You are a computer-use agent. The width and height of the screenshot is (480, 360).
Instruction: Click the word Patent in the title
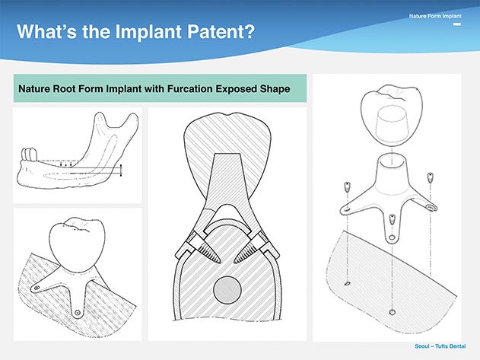coord(221,31)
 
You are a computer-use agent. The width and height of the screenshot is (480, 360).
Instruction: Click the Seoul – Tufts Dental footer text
coord(440,346)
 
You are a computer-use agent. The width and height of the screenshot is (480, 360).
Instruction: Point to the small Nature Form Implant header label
coord(435,16)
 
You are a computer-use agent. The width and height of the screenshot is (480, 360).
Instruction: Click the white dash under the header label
coord(457,24)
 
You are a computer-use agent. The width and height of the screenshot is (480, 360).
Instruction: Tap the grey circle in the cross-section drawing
coord(227,290)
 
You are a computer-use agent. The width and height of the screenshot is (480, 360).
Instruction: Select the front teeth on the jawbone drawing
coord(29,154)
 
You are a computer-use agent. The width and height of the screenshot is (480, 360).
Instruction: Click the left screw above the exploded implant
coord(347,186)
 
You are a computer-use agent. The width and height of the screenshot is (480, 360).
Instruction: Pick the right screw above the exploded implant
coord(430,177)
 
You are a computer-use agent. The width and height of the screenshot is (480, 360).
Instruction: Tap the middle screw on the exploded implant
coord(391,219)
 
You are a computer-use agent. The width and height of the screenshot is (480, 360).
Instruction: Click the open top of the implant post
coord(393,161)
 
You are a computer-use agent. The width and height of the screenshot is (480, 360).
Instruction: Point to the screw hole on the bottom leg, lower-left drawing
coord(78,312)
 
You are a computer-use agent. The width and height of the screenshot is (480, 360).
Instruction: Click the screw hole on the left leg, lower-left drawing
coord(37,288)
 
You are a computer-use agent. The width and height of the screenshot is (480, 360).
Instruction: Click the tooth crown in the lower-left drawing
coord(77,244)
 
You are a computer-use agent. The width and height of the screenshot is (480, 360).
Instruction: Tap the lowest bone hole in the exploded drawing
coord(392,313)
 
